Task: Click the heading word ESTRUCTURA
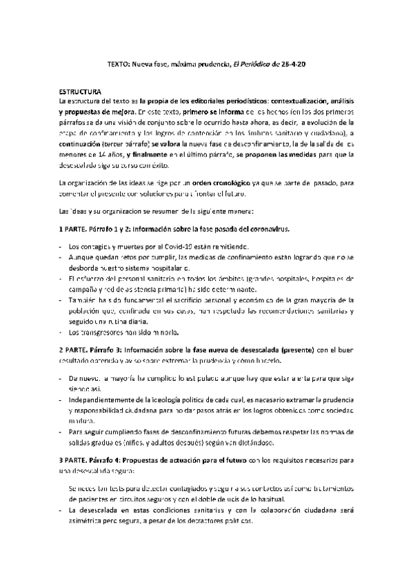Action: click(x=80, y=91)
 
